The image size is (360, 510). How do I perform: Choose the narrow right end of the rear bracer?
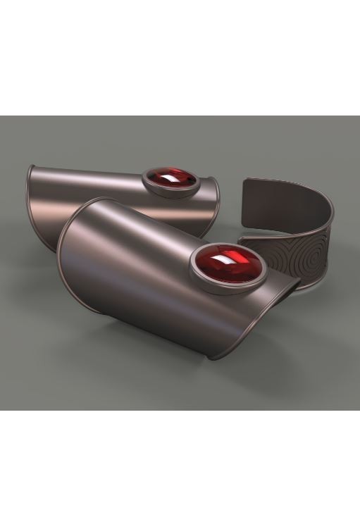pos(215,208)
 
